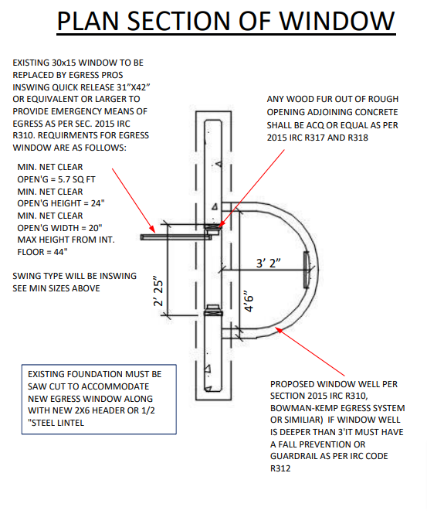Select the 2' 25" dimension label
[x=158, y=291]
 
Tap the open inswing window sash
[x=175, y=237]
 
